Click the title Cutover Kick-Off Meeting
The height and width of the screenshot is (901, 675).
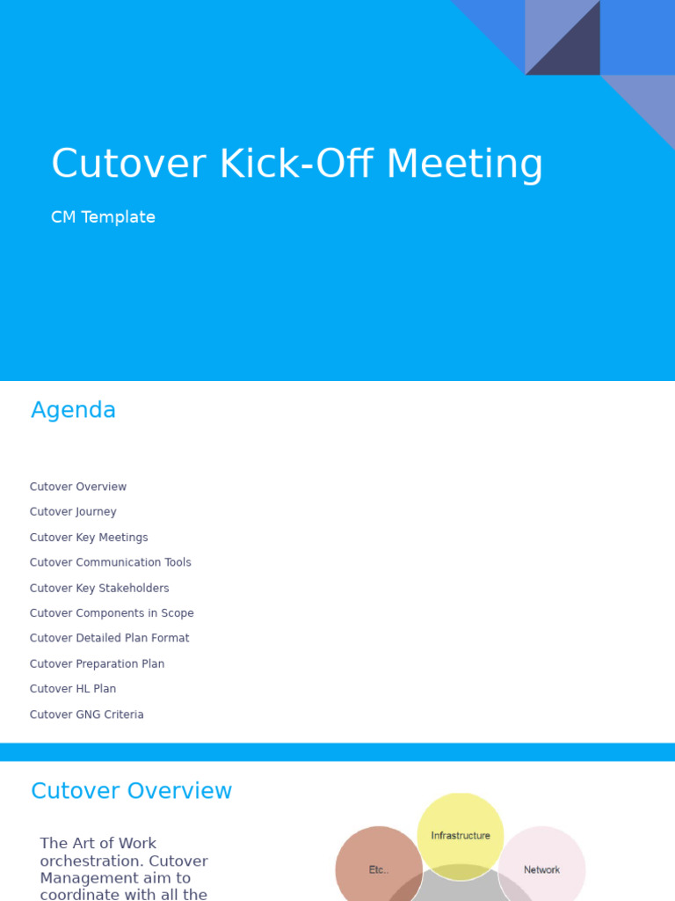point(297,164)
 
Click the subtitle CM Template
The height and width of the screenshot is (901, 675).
point(103,217)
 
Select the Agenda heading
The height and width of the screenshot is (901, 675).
point(73,410)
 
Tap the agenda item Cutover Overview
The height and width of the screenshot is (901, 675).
point(78,487)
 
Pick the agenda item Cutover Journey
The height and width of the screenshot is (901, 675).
point(73,512)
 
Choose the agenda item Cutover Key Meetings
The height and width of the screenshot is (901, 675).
point(89,538)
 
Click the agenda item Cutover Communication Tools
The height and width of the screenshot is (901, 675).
point(110,562)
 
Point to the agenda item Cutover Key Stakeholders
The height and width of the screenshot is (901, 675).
point(99,588)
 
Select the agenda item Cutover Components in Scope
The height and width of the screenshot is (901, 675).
point(112,613)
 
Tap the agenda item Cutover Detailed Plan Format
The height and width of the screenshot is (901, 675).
point(109,638)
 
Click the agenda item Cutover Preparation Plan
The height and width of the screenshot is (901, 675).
point(97,663)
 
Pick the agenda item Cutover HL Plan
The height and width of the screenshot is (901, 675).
point(73,689)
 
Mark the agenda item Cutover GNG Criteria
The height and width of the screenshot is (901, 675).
point(86,714)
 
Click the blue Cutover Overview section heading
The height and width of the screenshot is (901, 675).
point(131,791)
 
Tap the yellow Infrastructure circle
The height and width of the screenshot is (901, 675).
point(461,827)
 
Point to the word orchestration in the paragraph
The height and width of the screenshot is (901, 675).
point(86,861)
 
